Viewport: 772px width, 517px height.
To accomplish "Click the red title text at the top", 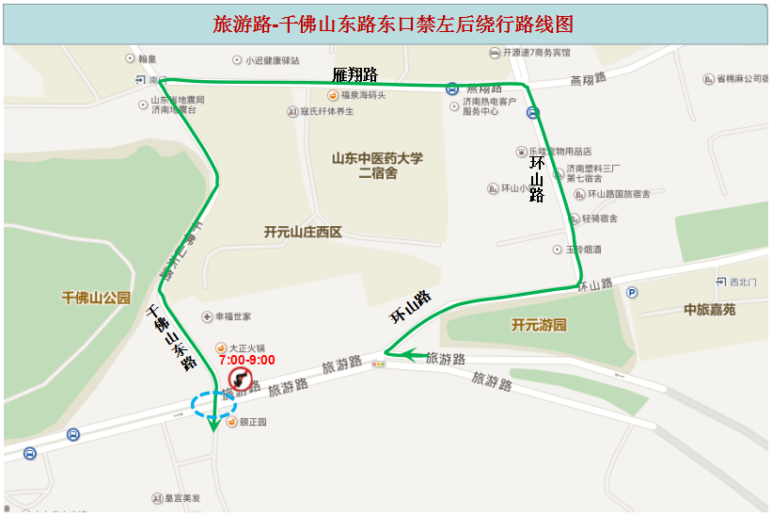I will (x=392, y=24).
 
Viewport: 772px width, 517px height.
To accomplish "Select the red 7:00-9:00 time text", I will (x=246, y=360).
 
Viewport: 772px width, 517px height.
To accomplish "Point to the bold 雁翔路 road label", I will (x=354, y=74).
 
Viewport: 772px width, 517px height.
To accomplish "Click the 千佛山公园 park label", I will (x=95, y=298).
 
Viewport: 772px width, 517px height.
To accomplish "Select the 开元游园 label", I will (x=539, y=325).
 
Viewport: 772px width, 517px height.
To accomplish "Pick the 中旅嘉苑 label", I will (x=709, y=310).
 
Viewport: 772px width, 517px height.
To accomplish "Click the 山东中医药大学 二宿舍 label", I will (x=377, y=166).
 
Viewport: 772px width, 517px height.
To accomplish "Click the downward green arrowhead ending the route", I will (x=213, y=425).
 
